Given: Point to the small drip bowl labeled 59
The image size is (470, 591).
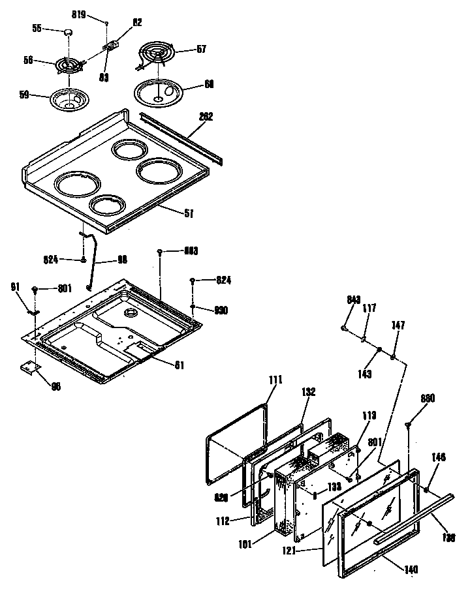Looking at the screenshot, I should click(x=69, y=100).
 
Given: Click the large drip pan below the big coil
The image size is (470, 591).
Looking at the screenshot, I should click(x=159, y=91).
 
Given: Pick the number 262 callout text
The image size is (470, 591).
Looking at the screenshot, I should click(x=206, y=117).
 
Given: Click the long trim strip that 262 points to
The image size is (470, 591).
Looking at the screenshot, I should click(x=183, y=138).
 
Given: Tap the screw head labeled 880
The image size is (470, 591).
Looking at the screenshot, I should click(x=409, y=424).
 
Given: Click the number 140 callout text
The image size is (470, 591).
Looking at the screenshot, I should click(x=411, y=568).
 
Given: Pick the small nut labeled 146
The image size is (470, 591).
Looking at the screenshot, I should click(x=426, y=489).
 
